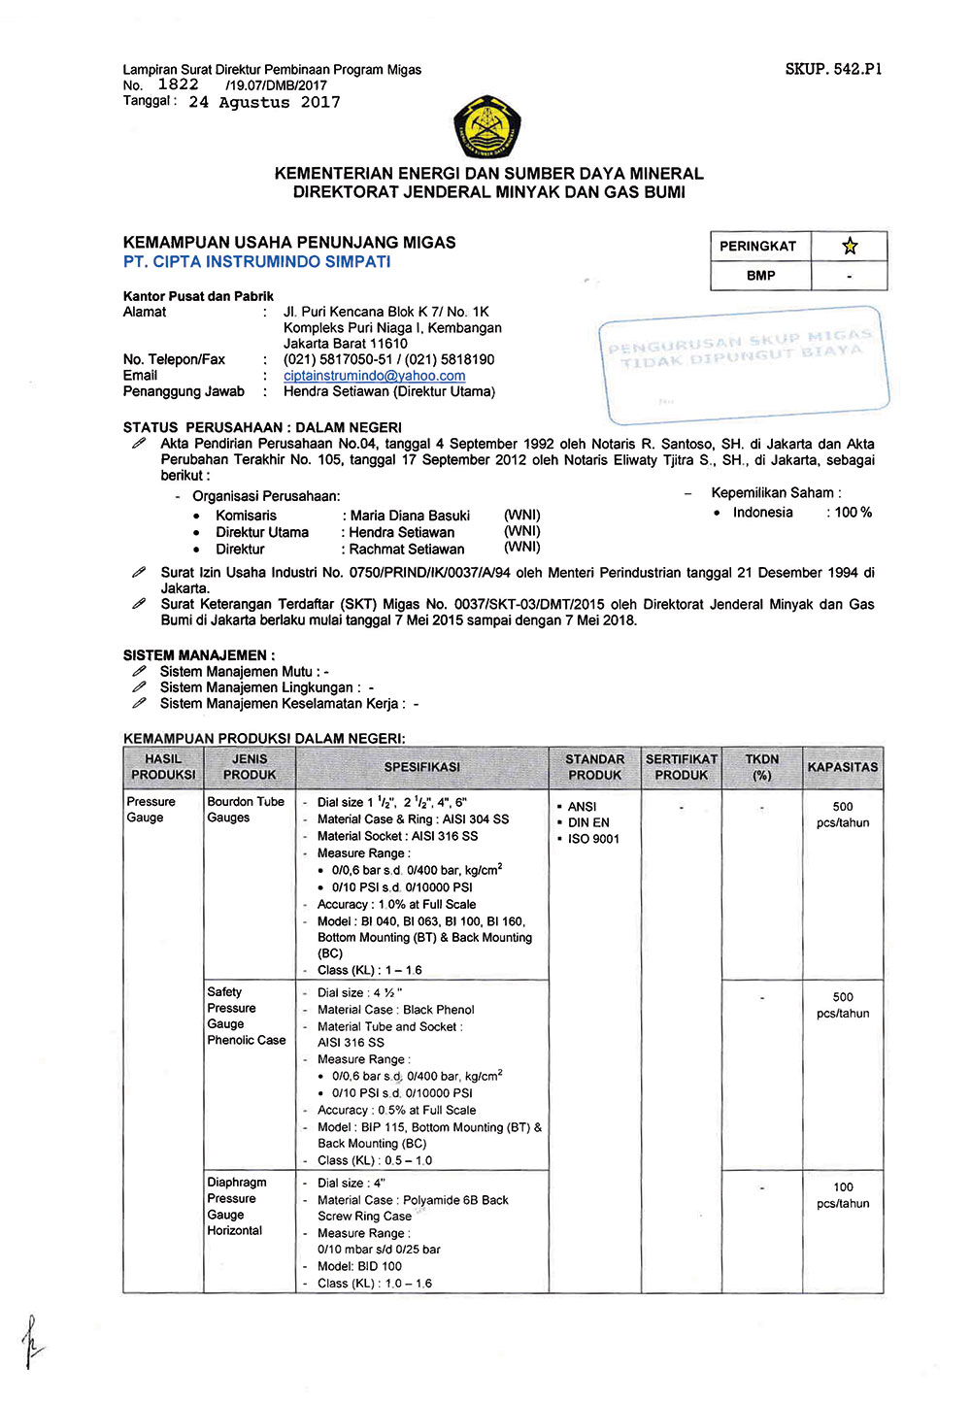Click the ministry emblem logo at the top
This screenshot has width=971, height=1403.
click(x=487, y=127)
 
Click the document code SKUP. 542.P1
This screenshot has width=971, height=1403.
click(x=833, y=69)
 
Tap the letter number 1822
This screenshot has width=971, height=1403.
click(x=179, y=84)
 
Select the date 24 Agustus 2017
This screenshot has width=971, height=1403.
click(x=264, y=102)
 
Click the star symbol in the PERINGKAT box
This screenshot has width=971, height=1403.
click(x=850, y=246)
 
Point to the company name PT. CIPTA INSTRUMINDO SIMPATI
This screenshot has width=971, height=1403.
click(x=257, y=262)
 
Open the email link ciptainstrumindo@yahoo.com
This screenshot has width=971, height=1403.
click(x=374, y=376)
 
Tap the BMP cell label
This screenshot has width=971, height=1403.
click(x=760, y=276)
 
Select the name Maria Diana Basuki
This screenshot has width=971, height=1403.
click(x=410, y=516)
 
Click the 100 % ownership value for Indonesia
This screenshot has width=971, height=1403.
click(x=852, y=513)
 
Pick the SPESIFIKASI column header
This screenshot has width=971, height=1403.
click(x=421, y=767)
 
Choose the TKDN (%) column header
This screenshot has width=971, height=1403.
click(x=762, y=767)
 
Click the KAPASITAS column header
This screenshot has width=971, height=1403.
click(x=842, y=767)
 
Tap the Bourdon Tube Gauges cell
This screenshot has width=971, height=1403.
click(x=246, y=810)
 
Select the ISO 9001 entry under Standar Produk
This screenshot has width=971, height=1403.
click(x=593, y=839)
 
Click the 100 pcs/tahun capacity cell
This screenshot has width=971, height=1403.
click(x=843, y=1195)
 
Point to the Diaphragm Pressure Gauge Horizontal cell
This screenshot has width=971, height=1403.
click(x=236, y=1206)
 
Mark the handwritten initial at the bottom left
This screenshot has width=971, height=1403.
click(x=32, y=1342)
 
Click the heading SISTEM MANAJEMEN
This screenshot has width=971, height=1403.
click(x=198, y=655)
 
